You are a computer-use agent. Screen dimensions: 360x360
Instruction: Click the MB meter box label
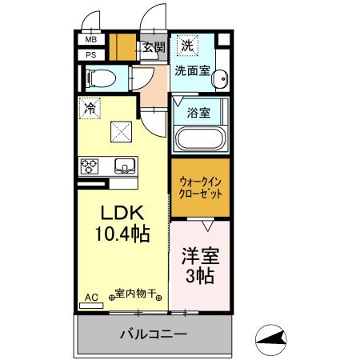91,40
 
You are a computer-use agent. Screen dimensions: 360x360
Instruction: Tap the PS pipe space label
91,55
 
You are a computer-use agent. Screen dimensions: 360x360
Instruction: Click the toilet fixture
101,78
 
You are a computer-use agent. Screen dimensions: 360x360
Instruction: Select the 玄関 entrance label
154,47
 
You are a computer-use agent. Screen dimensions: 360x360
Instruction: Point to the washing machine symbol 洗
187,46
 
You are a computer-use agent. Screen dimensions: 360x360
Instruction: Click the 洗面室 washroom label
193,71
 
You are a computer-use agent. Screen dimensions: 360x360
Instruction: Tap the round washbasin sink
220,78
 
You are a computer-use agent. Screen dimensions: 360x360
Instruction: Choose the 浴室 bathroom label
198,113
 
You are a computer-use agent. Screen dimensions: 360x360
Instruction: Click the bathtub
202,139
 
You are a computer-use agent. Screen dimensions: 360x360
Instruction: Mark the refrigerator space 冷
90,108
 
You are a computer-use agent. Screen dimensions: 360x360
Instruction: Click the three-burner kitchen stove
90,166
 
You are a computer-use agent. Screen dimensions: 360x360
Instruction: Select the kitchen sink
125,166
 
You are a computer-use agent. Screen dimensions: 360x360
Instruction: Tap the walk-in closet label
200,188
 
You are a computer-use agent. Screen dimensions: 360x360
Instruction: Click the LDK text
122,213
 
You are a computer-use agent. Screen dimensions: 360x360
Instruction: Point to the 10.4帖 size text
122,234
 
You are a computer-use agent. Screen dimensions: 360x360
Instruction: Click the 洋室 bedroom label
201,256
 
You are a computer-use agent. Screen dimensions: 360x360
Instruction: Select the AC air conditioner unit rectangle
91,306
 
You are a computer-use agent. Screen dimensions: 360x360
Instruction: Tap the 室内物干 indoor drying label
135,294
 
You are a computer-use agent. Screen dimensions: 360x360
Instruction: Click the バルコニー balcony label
154,334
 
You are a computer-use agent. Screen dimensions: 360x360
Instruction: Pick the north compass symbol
271,340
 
